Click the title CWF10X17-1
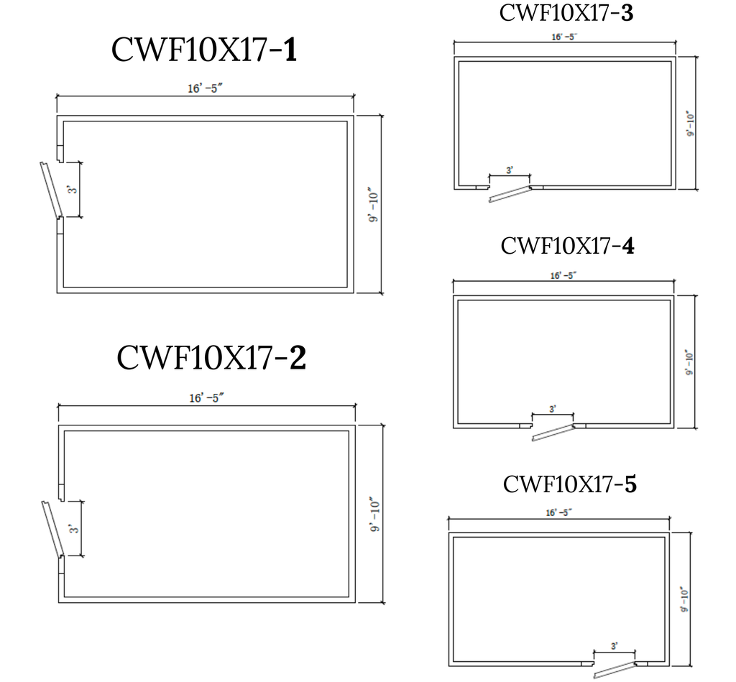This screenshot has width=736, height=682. click(204, 50)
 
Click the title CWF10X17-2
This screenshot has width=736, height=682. click(211, 358)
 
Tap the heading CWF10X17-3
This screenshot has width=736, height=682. click(566, 13)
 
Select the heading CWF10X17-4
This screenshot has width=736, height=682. click(567, 246)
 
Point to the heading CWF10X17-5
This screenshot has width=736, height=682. click(570, 484)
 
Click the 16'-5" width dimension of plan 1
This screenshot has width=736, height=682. click(205, 88)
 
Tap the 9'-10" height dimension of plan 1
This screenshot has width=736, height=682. click(373, 206)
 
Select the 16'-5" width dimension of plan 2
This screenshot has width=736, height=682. click(206, 398)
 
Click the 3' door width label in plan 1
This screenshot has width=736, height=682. click(71, 190)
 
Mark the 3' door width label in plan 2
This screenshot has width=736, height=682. click(73, 528)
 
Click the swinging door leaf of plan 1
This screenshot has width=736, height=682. click(51, 190)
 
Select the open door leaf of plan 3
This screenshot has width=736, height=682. click(510, 194)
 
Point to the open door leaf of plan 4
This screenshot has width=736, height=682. click(553, 433)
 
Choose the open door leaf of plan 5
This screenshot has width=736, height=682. click(615, 671)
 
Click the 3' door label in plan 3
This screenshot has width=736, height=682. click(510, 170)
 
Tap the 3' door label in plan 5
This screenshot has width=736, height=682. click(614, 646)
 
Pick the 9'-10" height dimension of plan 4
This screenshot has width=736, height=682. click(689, 362)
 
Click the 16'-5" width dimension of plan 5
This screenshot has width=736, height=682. click(558, 512)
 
